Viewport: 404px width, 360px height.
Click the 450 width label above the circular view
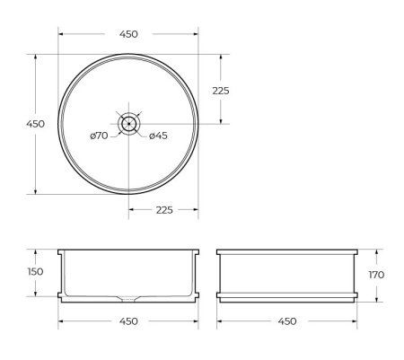(128, 34)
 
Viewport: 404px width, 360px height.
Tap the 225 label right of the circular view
(220, 90)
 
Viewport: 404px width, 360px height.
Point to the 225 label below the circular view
(164, 209)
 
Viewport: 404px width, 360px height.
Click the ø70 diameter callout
(99, 136)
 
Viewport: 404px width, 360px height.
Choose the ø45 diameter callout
(158, 136)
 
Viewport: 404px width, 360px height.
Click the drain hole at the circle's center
(128, 123)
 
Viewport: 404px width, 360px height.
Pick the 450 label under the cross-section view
(128, 321)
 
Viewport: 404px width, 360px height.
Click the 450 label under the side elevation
(288, 321)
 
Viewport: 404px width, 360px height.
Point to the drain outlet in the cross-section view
(128, 297)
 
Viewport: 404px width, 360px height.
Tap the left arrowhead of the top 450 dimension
(62, 34)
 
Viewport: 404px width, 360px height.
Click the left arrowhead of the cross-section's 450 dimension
(62, 321)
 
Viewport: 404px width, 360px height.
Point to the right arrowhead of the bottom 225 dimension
(196, 209)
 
